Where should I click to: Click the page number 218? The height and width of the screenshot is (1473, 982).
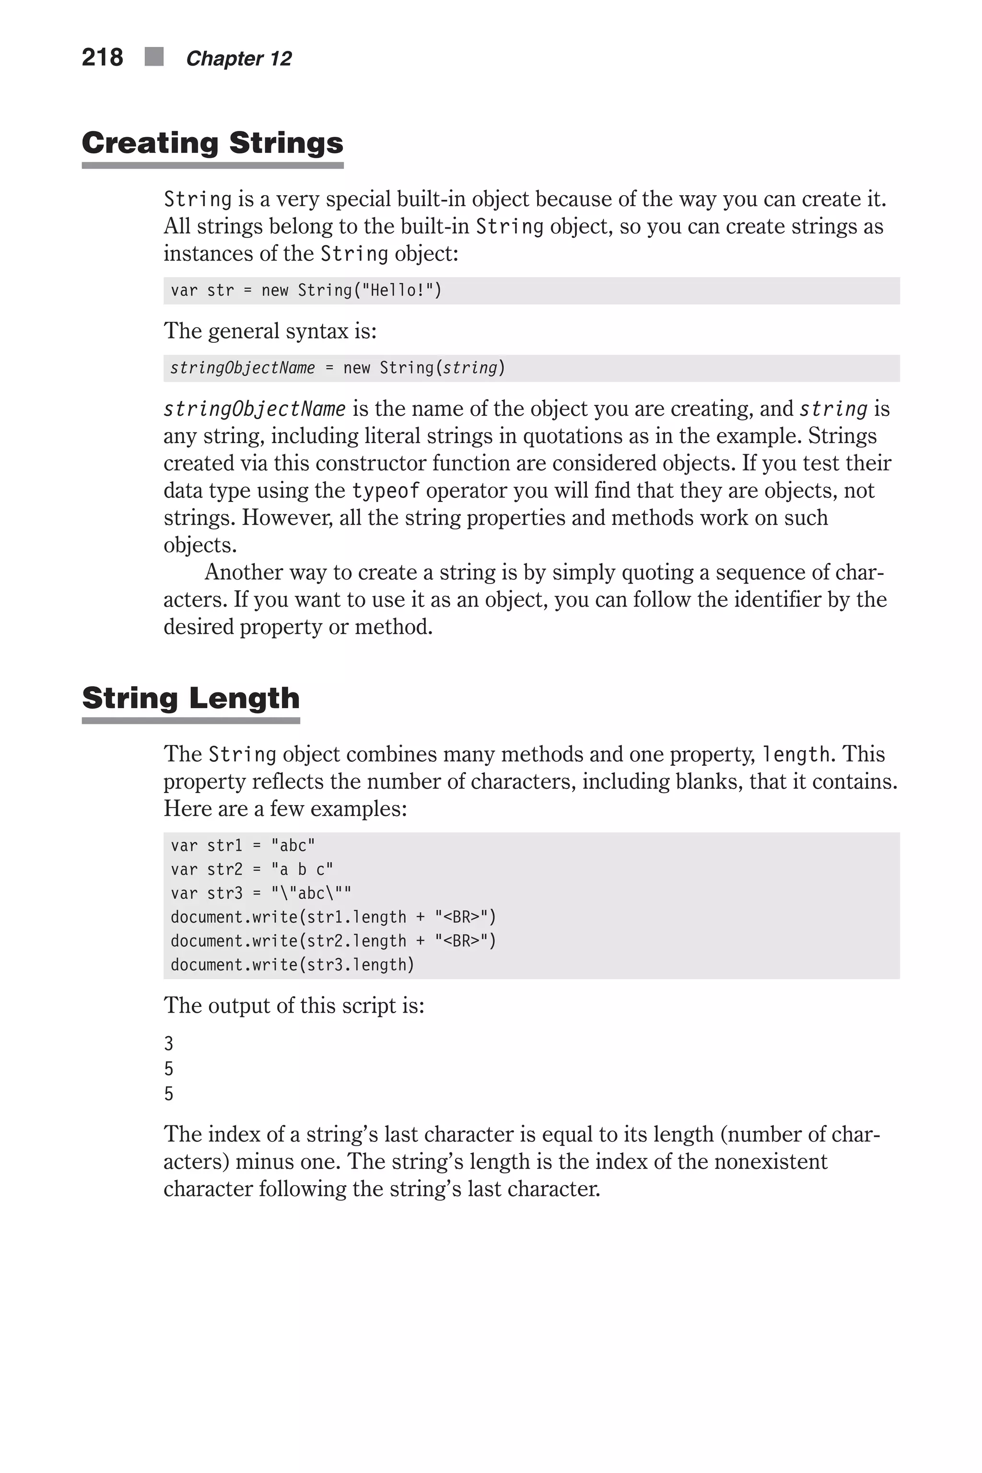(102, 58)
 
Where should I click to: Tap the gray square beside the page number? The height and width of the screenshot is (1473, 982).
(154, 57)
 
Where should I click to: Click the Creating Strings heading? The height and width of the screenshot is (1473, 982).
(212, 143)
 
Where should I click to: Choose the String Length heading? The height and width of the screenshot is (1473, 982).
(190, 698)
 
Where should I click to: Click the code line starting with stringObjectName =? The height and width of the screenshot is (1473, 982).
(337, 368)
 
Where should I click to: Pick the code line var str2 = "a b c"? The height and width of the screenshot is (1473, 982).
(251, 869)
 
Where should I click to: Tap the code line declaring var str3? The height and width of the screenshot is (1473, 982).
(260, 893)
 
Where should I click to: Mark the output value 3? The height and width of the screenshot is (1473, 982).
(168, 1043)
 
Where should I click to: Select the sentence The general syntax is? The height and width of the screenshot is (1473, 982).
(270, 331)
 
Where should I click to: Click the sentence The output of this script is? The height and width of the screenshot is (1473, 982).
(294, 1006)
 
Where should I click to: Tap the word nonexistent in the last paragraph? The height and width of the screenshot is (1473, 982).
(771, 1162)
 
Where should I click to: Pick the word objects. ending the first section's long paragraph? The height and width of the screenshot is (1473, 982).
(200, 546)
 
